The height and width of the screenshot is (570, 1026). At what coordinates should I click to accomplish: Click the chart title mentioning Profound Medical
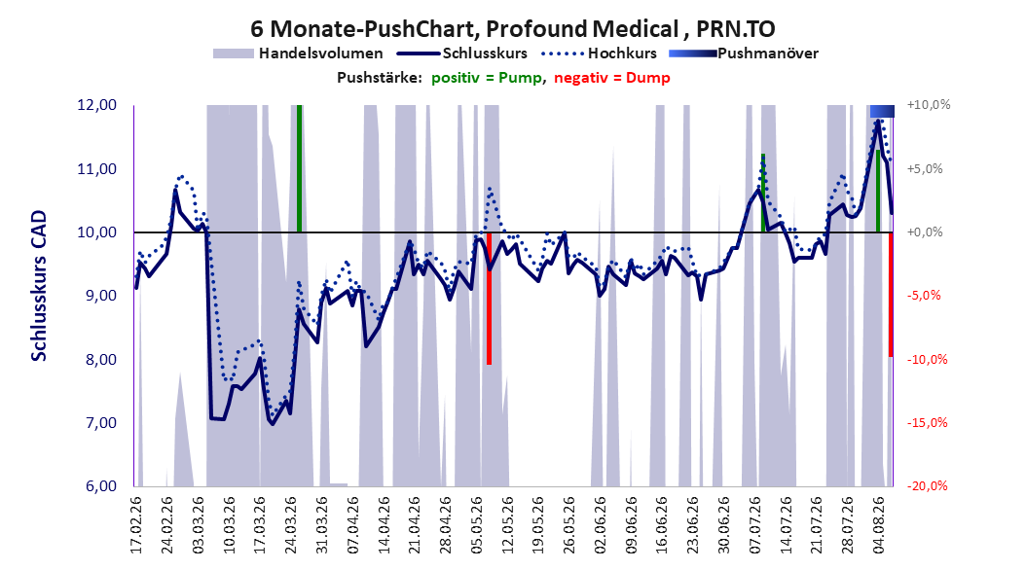pyautogui.click(x=512, y=29)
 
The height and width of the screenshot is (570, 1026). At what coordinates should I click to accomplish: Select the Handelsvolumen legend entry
pyautogui.click(x=298, y=53)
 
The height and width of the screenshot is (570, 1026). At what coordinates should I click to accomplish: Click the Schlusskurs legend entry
pyautogui.click(x=461, y=53)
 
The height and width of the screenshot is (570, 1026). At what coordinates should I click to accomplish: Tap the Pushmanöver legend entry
pyautogui.click(x=744, y=53)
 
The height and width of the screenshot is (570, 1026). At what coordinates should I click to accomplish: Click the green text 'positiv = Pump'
pyautogui.click(x=487, y=78)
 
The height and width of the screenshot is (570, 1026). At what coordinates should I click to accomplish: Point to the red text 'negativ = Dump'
pyautogui.click(x=612, y=78)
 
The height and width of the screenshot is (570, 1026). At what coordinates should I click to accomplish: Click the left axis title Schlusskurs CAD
pyautogui.click(x=39, y=285)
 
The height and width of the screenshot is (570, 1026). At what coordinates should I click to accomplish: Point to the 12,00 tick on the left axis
pyautogui.click(x=96, y=105)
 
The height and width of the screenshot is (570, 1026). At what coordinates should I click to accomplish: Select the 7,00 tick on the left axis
pyautogui.click(x=96, y=423)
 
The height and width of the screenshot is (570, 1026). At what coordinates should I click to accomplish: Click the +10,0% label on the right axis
pyautogui.click(x=929, y=105)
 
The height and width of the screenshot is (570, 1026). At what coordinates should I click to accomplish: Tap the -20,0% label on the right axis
pyautogui.click(x=928, y=485)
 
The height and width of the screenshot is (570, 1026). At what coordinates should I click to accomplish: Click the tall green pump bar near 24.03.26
pyautogui.click(x=299, y=168)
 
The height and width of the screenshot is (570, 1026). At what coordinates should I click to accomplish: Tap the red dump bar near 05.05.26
pyautogui.click(x=489, y=298)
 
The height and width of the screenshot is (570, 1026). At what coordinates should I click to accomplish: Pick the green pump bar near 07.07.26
pyautogui.click(x=763, y=193)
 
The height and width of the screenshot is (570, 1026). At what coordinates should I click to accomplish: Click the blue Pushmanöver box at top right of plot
pyautogui.click(x=882, y=111)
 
